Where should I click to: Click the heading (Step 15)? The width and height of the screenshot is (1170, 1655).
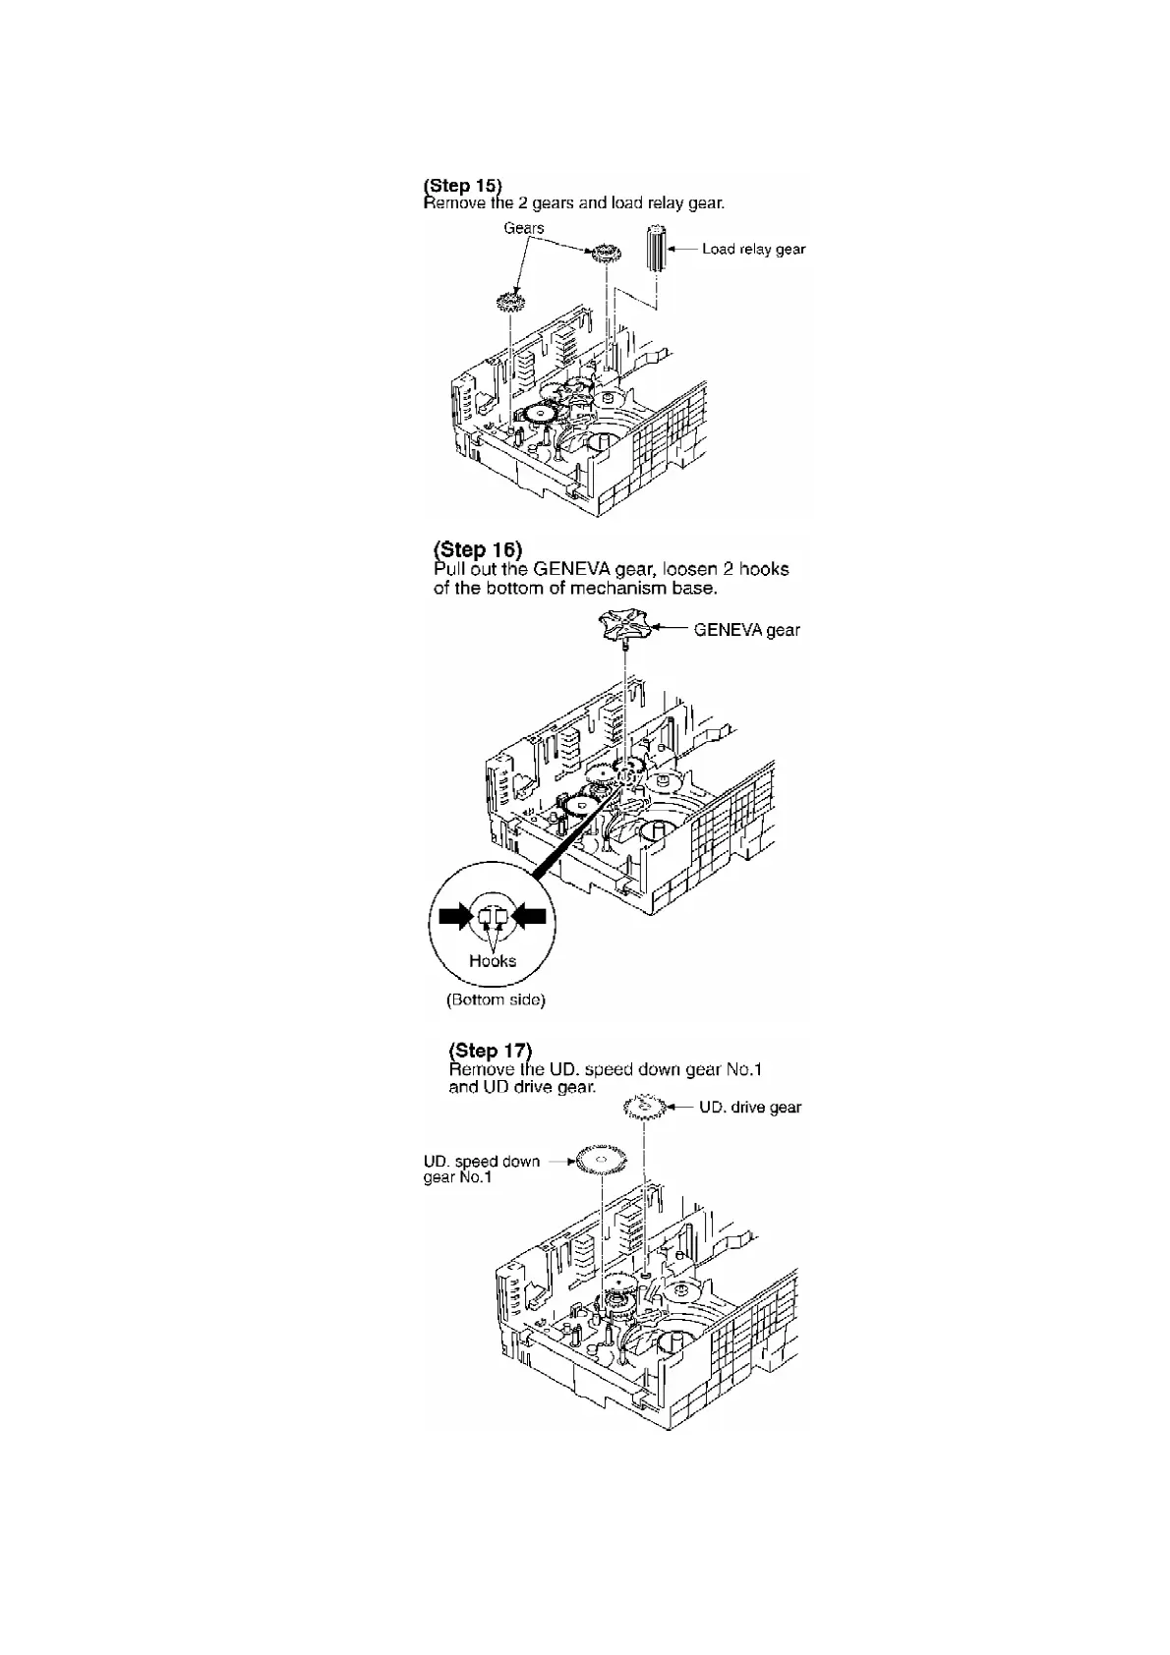pyautogui.click(x=462, y=185)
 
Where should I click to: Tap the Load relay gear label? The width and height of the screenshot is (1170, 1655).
pyautogui.click(x=753, y=249)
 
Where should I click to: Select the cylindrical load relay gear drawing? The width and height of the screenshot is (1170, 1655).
pyautogui.click(x=657, y=249)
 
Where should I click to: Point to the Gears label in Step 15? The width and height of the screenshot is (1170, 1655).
pyautogui.click(x=524, y=228)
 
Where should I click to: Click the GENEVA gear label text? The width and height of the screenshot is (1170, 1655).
pyautogui.click(x=746, y=630)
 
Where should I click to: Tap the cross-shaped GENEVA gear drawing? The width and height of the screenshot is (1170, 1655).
pyautogui.click(x=625, y=626)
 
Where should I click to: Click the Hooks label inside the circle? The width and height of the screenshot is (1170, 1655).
pyautogui.click(x=493, y=961)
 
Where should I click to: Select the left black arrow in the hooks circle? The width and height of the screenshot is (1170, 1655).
pyautogui.click(x=455, y=917)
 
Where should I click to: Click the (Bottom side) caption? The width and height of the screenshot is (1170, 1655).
pyautogui.click(x=496, y=1000)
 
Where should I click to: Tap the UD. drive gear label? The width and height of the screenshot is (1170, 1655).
pyautogui.click(x=749, y=1108)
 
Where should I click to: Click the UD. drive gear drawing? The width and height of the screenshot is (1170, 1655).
pyautogui.click(x=645, y=1109)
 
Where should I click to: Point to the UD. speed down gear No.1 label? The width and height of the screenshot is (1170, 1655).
pyautogui.click(x=481, y=1169)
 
